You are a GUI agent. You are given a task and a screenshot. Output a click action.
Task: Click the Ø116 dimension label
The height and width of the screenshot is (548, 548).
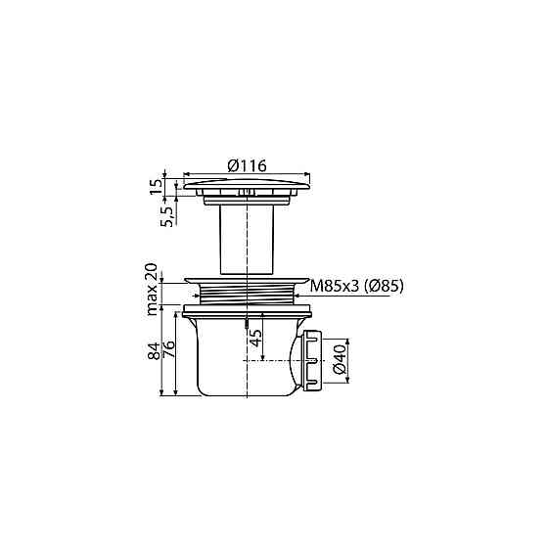point(247,165)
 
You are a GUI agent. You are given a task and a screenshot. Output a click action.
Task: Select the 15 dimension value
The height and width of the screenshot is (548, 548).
point(157,187)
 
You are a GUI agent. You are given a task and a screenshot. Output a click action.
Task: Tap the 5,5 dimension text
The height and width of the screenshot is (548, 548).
point(167,216)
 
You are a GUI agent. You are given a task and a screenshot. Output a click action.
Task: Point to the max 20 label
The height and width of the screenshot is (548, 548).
point(152,290)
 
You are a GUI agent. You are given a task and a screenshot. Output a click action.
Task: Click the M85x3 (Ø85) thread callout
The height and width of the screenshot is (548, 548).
point(357,287)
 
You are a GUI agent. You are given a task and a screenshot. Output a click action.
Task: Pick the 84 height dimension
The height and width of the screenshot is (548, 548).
point(154,350)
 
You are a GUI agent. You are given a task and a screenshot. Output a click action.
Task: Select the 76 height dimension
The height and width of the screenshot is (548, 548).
point(168,349)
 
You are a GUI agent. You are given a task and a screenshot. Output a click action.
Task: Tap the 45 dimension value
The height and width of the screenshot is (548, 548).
point(256,338)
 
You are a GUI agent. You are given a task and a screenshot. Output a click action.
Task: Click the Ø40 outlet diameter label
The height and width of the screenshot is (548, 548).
point(340,359)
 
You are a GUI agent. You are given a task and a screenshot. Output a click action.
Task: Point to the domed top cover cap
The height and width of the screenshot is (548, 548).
point(247,185)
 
